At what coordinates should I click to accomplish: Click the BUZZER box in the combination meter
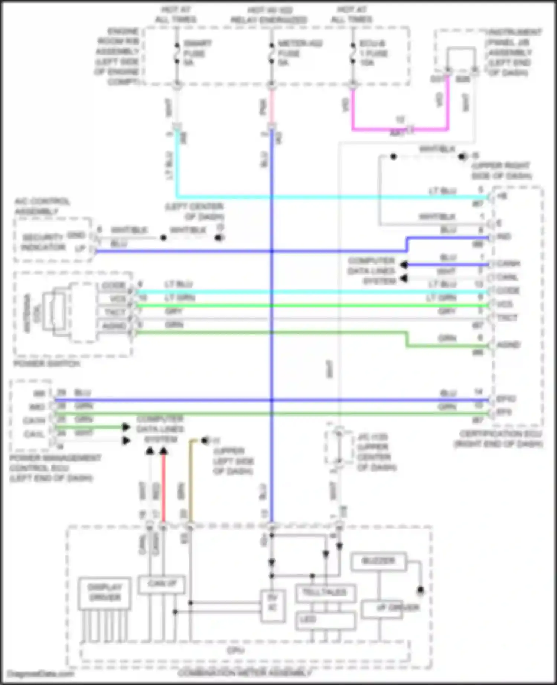[378, 561]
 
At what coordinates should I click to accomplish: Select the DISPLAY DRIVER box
[104, 593]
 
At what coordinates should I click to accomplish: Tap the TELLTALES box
[325, 592]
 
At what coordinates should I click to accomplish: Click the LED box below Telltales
[325, 620]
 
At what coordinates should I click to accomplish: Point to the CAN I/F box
[162, 584]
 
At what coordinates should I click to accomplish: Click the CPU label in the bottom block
[235, 650]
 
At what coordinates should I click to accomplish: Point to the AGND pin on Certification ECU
[508, 345]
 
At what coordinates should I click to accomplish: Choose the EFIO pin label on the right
[506, 399]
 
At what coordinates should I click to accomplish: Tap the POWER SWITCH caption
[47, 364]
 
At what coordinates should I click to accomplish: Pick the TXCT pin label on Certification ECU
[507, 318]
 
